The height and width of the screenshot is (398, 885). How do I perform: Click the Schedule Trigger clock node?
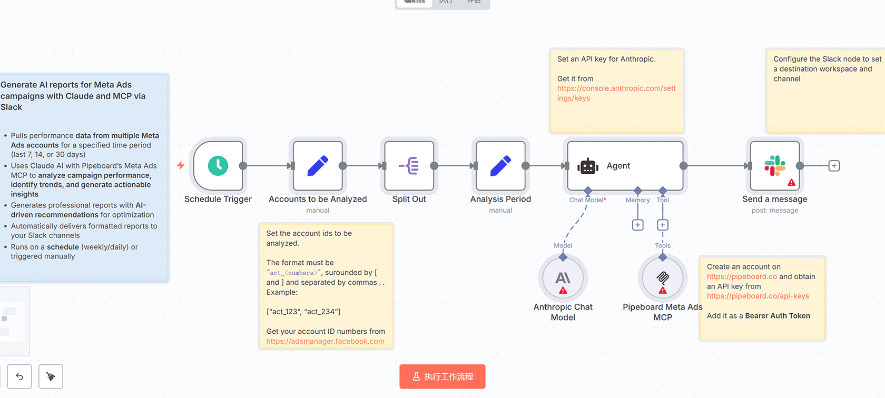218,166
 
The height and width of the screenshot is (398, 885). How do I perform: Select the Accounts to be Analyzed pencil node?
318,166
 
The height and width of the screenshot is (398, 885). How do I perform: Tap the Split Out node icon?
409,166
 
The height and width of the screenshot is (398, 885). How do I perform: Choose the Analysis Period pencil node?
500,166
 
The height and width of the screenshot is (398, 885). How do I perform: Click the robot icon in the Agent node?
588,166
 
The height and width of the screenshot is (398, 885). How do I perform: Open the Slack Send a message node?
774,166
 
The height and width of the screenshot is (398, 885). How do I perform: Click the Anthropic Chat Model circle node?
563,278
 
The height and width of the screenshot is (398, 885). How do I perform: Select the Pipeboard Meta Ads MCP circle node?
663,278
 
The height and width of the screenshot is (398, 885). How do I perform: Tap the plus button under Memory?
637,225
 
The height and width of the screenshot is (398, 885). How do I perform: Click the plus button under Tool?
663,225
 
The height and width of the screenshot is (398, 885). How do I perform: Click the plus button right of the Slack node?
834,166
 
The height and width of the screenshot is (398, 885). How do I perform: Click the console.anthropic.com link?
616,93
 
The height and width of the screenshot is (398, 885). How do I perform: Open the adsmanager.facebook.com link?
325,341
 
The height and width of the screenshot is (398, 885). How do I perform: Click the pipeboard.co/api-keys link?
758,296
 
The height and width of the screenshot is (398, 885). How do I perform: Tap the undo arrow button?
19,376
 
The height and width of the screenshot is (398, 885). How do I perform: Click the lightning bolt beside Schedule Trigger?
181,165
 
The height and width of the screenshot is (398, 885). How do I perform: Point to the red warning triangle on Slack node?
791,183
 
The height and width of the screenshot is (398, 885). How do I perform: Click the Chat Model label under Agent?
587,200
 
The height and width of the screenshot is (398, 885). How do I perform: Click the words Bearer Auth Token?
777,316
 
